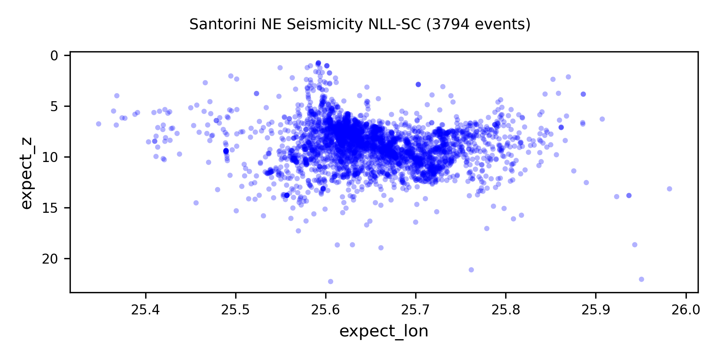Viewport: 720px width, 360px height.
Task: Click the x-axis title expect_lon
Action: (x=384, y=331)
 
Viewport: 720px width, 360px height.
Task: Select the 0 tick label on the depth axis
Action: (x=55, y=55)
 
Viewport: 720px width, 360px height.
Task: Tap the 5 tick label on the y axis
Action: (x=55, y=106)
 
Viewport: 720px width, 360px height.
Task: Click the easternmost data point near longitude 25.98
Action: (x=669, y=189)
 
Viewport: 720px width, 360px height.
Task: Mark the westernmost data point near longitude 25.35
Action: (x=98, y=124)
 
